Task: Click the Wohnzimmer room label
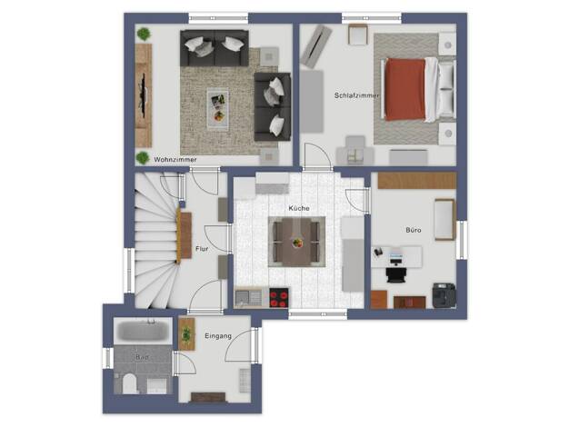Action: coord(175,159)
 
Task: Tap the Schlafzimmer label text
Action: coord(356,95)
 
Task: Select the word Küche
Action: coord(299,208)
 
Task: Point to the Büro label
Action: coord(414,230)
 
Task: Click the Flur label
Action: coord(202,249)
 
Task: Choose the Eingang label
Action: coord(218,336)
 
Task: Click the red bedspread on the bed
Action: coord(405,90)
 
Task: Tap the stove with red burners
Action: coord(279,298)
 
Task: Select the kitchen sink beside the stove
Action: coord(248,298)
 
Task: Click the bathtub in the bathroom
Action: coord(143,331)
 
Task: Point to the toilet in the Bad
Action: coord(129,383)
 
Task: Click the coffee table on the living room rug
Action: coord(218,109)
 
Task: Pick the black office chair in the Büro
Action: coord(395,274)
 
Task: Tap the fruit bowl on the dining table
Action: coord(297,243)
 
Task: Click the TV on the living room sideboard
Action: coord(144,95)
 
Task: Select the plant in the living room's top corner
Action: coord(144,35)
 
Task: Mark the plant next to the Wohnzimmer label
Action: coord(143,158)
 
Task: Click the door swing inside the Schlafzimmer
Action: coord(318,157)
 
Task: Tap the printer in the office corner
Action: coord(444,295)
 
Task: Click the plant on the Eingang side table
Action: coord(186,334)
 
